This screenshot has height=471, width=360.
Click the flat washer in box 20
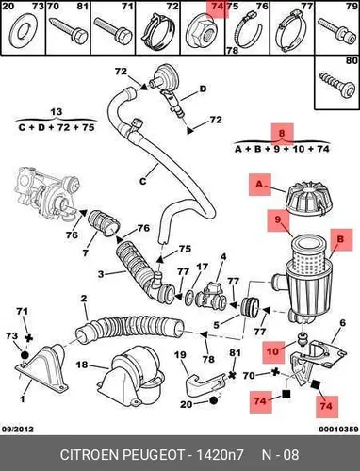point(24,31)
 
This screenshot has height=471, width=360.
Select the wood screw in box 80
point(338,84)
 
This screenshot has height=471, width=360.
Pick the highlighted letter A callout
point(259,185)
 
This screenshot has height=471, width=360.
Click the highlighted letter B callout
point(340,239)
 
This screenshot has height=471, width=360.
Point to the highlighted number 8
point(282,133)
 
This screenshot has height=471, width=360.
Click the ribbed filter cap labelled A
point(305,199)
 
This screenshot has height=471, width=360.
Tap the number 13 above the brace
point(57,112)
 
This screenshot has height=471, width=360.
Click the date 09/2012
point(18,429)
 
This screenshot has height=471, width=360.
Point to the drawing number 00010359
point(338,430)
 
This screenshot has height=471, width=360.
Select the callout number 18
point(82,365)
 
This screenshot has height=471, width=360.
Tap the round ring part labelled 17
point(189,297)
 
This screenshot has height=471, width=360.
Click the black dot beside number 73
point(25,355)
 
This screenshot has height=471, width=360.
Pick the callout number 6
point(342,322)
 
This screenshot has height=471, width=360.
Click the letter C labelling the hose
point(143,181)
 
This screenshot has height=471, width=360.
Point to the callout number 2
point(84,298)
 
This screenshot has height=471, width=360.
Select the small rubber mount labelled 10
point(303,339)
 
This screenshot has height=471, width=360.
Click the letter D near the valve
point(204,89)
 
